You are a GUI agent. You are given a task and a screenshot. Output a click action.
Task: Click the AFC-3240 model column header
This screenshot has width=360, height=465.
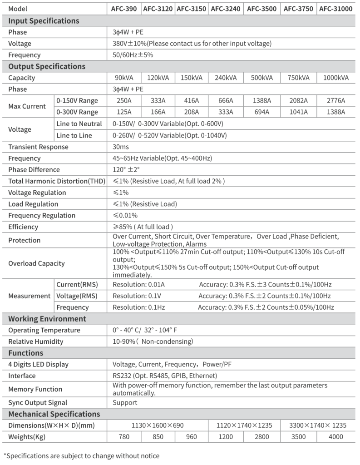(226, 9)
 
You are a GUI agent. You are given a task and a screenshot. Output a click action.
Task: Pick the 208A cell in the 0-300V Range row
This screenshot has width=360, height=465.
(192, 112)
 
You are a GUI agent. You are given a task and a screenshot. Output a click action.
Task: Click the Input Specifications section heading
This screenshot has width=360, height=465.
(44, 20)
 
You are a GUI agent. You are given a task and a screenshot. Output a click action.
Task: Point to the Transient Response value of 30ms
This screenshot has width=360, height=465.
(121, 147)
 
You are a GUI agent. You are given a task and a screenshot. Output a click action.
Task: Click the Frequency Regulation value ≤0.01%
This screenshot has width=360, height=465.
(125, 215)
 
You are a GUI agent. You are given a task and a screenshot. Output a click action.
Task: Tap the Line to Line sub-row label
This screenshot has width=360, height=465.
(74, 135)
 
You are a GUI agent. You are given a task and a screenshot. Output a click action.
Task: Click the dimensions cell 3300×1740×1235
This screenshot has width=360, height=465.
(318, 425)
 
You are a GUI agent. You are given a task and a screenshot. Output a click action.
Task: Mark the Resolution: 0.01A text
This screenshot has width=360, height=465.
(138, 285)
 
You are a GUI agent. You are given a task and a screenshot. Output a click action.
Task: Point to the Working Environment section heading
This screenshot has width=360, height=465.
(47, 319)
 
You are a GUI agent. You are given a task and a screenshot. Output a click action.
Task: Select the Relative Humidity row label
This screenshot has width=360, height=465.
(36, 341)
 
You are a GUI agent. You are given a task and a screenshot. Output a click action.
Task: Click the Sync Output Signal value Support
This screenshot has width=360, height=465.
(125, 402)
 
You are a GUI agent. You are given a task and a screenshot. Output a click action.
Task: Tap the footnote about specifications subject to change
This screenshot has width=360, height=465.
(82, 455)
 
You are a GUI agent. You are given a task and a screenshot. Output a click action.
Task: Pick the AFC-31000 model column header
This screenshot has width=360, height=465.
(335, 9)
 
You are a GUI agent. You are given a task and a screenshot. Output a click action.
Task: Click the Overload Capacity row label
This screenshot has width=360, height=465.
(36, 263)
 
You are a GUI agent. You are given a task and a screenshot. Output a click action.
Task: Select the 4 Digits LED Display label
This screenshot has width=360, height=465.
(39, 364)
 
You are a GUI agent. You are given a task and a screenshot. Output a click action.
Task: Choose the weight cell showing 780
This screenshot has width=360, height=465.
(123, 437)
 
